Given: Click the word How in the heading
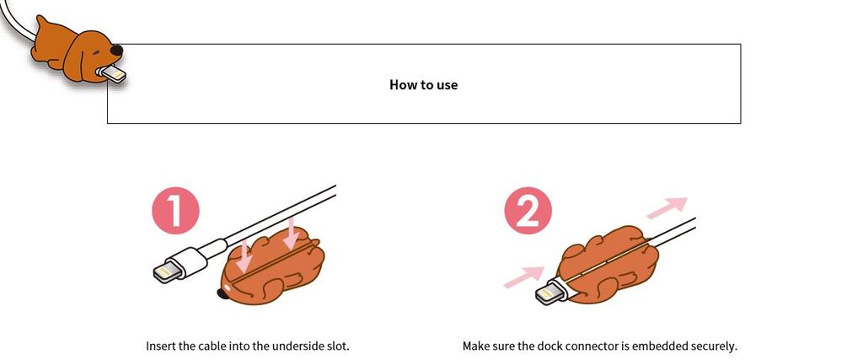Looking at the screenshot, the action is pyautogui.click(x=402, y=85).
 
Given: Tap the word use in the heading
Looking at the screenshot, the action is pyautogui.click(x=447, y=86).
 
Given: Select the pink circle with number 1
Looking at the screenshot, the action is pyautogui.click(x=175, y=210).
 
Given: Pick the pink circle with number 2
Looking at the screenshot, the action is pyautogui.click(x=528, y=210).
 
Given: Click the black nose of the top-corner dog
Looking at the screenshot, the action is pyautogui.click(x=116, y=51).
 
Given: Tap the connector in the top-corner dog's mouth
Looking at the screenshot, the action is pyautogui.click(x=113, y=73).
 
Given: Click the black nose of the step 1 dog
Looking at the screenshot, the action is pyautogui.click(x=222, y=293).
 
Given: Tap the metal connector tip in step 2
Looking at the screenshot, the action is pyautogui.click(x=549, y=293).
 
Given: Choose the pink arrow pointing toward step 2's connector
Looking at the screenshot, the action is pyautogui.click(x=524, y=277).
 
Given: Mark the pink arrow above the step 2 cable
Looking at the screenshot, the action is pyautogui.click(x=667, y=208).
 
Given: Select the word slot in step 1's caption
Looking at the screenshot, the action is pyautogui.click(x=338, y=347).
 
